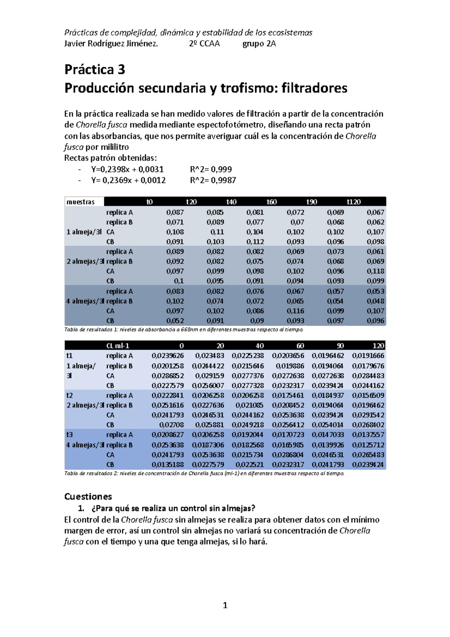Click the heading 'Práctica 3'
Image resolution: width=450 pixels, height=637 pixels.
click(x=94, y=69)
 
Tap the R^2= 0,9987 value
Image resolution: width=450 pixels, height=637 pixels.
click(x=213, y=180)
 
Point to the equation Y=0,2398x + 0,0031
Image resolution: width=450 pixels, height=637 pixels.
click(x=127, y=170)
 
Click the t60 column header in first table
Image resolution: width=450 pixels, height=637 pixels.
click(x=271, y=202)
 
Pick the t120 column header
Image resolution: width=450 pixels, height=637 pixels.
click(x=354, y=202)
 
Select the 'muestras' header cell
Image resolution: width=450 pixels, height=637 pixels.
click(x=80, y=202)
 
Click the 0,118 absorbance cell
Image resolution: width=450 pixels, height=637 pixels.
click(x=375, y=271)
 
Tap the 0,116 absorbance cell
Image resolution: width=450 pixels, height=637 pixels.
click(x=295, y=311)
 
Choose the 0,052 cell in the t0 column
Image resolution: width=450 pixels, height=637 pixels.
click(x=175, y=321)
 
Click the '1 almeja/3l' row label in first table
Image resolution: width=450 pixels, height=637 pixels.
click(x=84, y=232)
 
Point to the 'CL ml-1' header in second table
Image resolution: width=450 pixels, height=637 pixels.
click(x=118, y=346)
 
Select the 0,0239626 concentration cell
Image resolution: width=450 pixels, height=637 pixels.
click(x=168, y=356)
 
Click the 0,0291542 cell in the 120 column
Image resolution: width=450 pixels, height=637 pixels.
click(x=368, y=415)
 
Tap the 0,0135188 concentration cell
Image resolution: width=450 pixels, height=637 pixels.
click(x=168, y=464)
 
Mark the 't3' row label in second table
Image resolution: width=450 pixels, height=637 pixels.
click(x=69, y=435)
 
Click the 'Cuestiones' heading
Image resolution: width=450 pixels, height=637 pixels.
click(x=88, y=496)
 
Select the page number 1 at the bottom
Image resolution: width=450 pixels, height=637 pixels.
click(x=225, y=605)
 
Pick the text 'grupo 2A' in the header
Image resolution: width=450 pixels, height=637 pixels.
click(x=259, y=44)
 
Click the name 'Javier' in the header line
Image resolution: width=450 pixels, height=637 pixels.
click(x=75, y=44)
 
